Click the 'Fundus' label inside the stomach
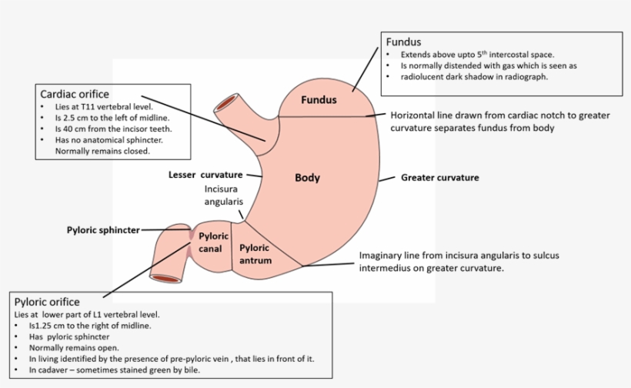coord(319,100)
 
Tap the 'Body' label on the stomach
coord(307,178)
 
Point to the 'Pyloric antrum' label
coord(255,254)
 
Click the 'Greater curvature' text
coord(439,178)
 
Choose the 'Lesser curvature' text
coord(205,175)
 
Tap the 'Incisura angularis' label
coord(223,195)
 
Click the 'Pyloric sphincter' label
coord(103,229)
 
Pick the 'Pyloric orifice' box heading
coord(47,302)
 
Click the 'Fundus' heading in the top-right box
coord(403,42)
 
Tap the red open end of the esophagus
coord(227,102)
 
